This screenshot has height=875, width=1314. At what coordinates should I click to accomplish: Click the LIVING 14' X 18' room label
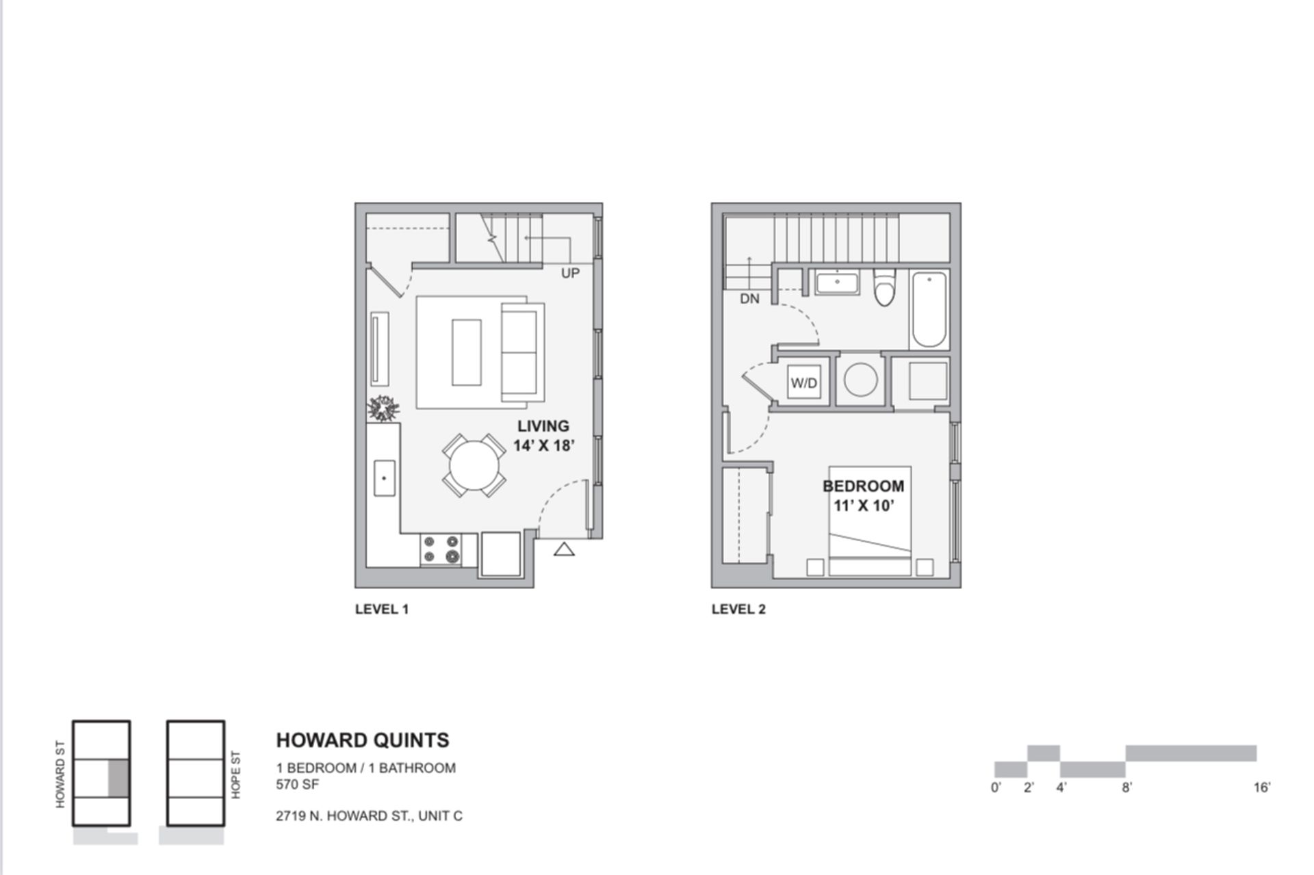(x=543, y=436)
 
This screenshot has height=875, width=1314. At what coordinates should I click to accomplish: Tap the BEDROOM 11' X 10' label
(x=863, y=496)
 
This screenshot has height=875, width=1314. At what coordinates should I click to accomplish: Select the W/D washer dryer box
(x=803, y=383)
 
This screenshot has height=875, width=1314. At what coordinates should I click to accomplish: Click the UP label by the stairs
(x=570, y=273)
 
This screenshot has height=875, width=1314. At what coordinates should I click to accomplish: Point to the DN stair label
(x=749, y=299)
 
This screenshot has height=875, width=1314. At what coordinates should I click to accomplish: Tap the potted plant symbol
(x=383, y=408)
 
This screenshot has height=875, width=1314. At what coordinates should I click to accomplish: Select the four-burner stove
(x=441, y=549)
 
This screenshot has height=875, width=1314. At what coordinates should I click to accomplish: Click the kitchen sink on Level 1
(x=384, y=478)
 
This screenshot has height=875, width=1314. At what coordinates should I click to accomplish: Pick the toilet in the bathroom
(x=884, y=288)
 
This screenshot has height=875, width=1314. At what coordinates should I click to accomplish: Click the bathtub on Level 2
(x=929, y=310)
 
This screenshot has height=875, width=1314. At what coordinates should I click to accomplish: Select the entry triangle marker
(x=564, y=549)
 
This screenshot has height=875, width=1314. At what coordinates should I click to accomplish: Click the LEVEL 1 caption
(x=382, y=609)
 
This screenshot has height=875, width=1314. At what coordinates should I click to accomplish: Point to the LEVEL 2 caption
(x=738, y=609)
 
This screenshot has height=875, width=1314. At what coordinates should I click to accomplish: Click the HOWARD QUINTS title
(x=363, y=740)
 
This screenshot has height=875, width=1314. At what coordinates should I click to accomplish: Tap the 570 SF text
(x=297, y=785)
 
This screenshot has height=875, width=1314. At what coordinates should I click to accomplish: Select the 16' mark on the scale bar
(x=1261, y=787)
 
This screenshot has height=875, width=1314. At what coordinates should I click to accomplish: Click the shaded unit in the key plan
(x=118, y=778)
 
